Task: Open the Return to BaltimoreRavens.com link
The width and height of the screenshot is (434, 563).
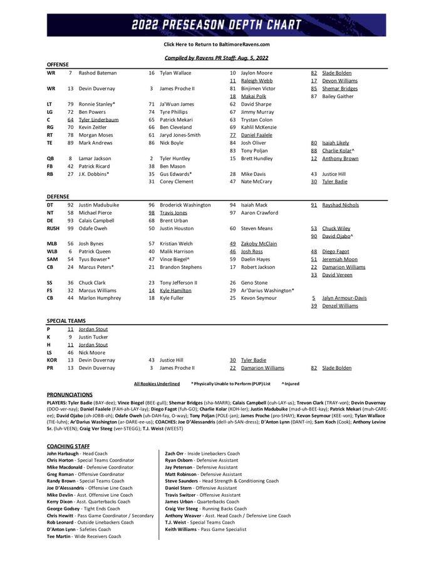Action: [217, 44]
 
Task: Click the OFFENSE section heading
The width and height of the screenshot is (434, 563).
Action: [58, 65]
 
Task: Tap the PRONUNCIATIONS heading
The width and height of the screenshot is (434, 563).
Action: [70, 395]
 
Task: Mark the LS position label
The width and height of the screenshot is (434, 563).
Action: [49, 352]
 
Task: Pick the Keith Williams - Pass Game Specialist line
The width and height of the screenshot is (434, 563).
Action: [202, 529]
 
